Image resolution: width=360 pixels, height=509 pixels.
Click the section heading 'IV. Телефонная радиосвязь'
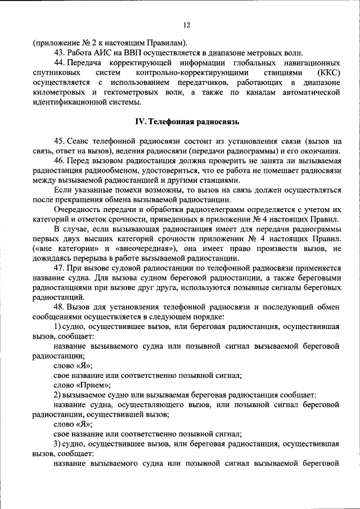point(187,121)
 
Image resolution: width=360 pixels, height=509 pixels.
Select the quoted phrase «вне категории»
point(60,249)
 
